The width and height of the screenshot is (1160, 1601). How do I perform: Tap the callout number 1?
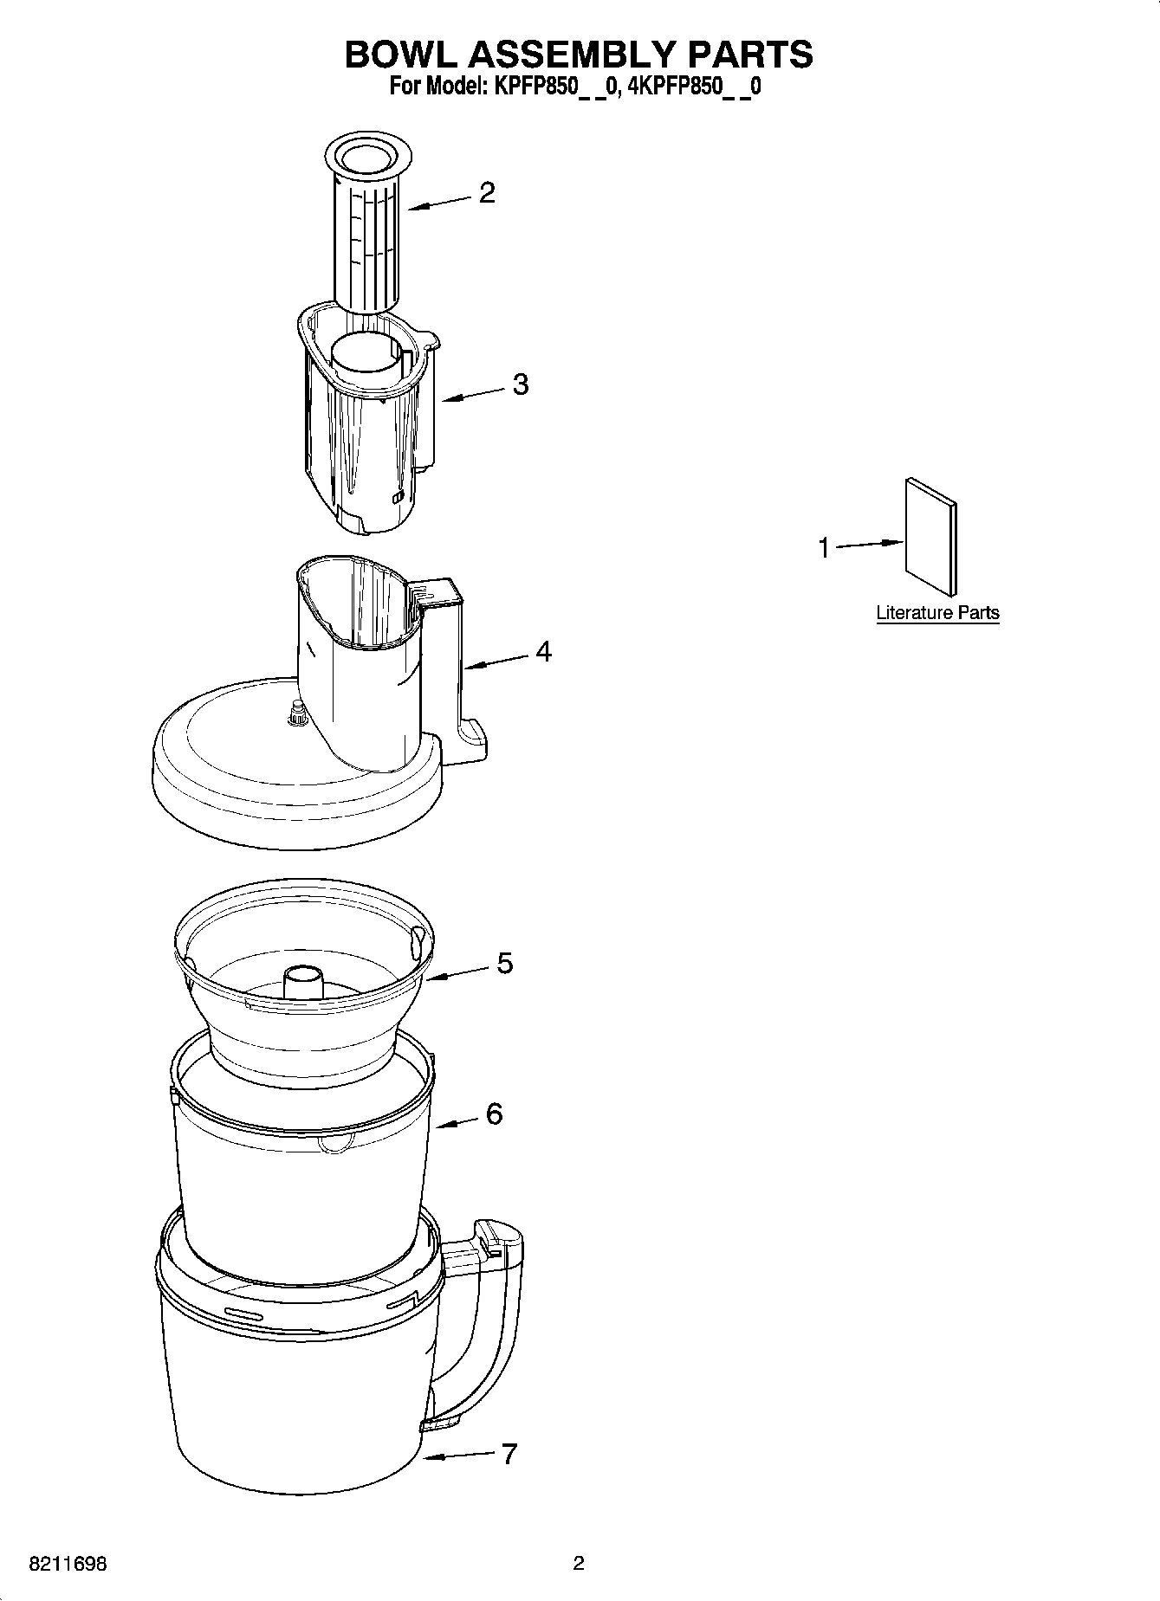824,547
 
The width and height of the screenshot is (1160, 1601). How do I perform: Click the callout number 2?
487,192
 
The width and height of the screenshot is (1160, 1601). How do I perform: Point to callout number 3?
520,384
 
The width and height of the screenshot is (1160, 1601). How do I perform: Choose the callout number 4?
543,651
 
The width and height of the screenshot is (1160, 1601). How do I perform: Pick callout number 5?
504,963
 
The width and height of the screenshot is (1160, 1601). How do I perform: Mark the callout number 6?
494,1114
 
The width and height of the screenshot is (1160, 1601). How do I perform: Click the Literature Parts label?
937,613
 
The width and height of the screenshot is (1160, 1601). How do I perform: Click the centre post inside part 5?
302,984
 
